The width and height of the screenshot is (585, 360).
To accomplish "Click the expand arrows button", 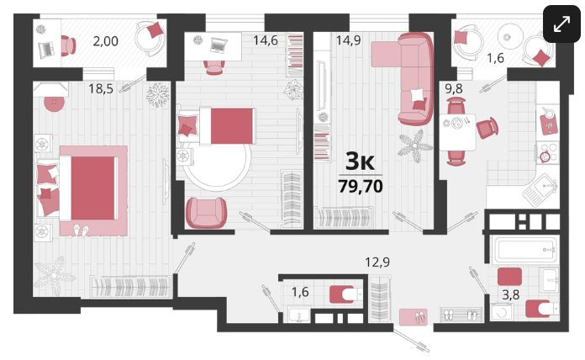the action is [x=561, y=24].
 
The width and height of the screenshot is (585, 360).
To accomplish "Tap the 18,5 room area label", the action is [x=101, y=88].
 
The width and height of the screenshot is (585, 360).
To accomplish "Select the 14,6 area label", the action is [x=266, y=40].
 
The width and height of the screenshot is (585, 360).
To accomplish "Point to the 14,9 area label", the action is [x=348, y=40].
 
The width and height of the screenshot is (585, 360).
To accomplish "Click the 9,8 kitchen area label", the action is [x=454, y=88].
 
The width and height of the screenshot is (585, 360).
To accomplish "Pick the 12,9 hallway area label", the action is [x=377, y=262].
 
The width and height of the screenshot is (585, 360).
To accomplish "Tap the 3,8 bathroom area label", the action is [x=510, y=294].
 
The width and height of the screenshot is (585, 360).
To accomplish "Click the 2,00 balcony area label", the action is [x=106, y=40].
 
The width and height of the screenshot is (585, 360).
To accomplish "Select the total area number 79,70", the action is [x=361, y=186].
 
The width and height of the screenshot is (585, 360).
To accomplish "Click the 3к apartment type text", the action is [x=360, y=161].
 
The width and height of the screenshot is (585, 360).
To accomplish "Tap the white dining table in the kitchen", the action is [x=457, y=132].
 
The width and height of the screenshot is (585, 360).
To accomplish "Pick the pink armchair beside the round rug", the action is [x=206, y=212].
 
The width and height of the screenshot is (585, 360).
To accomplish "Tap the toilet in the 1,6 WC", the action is [x=345, y=294].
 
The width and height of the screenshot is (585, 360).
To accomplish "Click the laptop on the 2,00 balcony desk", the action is [x=46, y=49].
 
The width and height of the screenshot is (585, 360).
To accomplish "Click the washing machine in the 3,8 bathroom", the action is [x=502, y=312].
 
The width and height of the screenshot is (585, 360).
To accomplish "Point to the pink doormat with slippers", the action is [x=414, y=317].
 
